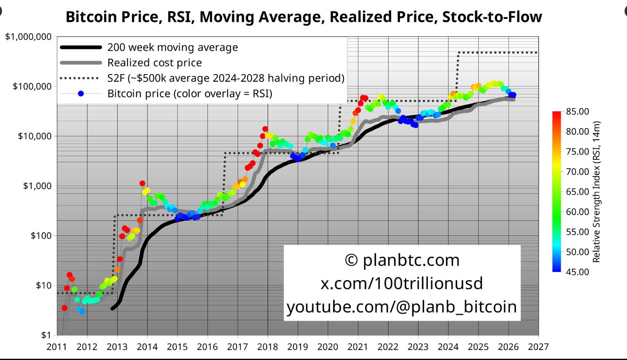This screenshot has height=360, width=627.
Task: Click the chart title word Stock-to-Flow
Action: [x=492, y=17]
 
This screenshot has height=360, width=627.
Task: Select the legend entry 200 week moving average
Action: [x=172, y=48]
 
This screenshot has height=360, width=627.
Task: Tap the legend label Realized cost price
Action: [x=154, y=63]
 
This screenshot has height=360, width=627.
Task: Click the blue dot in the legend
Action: [x=81, y=94]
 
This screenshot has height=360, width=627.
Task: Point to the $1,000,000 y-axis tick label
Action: [x=29, y=37]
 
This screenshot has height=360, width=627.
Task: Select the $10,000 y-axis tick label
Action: [x=34, y=136]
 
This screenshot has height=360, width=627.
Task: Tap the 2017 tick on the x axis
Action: [x=237, y=347]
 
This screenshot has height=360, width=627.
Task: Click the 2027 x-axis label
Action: [x=538, y=347]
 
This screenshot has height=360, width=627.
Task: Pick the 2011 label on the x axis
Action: [x=57, y=347]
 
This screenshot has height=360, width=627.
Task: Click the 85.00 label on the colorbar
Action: [x=577, y=111]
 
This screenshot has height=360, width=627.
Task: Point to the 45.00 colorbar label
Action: [x=577, y=272]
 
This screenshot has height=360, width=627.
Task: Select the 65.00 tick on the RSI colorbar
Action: [x=577, y=192]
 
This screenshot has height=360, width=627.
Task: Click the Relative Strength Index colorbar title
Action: [x=596, y=192]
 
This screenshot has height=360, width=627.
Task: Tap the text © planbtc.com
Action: [x=402, y=260]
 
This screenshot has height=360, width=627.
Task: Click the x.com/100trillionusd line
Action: [x=402, y=283]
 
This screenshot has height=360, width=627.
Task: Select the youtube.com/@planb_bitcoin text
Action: [x=402, y=307]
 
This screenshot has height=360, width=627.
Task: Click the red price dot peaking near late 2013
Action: [x=142, y=183]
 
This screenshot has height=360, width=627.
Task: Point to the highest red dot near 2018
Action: [x=265, y=129]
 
